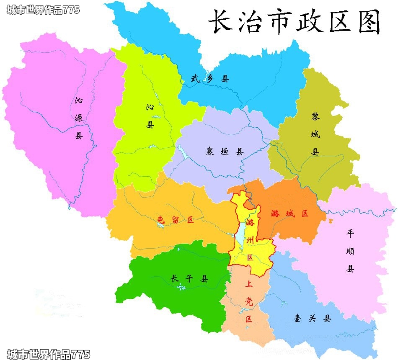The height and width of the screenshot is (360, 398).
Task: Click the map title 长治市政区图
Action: tap(294, 21)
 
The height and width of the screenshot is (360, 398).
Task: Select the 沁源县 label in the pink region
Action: tap(79, 118)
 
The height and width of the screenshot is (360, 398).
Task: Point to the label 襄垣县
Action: tap(225, 152)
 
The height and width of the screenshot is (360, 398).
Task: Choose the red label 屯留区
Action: tap(176, 219)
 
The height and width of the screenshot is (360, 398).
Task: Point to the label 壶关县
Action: tap(312, 319)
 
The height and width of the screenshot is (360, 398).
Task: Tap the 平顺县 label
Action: tap(350, 251)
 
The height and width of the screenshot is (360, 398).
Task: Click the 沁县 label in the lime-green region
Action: tap(150, 116)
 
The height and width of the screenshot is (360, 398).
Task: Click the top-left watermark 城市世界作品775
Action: tap(43, 10)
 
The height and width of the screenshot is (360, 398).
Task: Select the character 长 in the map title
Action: tap(221, 21)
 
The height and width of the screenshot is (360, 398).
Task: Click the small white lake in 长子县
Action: tap(181, 287)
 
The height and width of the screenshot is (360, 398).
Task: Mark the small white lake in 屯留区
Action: tap(160, 226)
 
